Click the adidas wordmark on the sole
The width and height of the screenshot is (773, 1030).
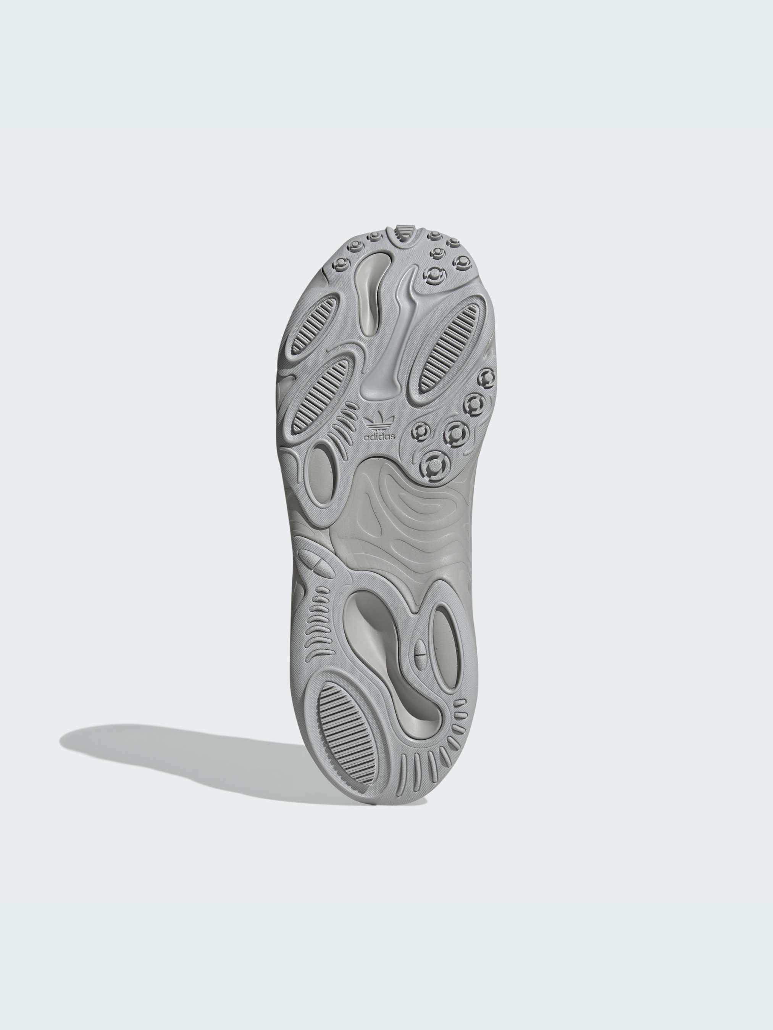(x=379, y=437)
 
